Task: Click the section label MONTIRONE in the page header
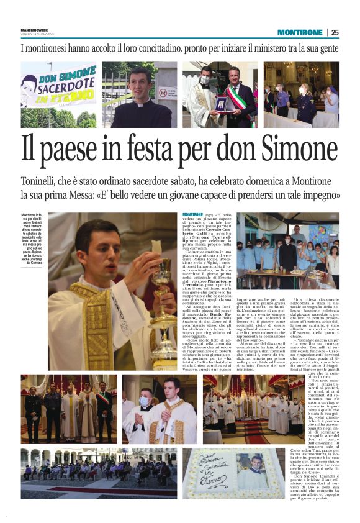pos(300,32)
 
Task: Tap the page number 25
pos(335,32)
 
